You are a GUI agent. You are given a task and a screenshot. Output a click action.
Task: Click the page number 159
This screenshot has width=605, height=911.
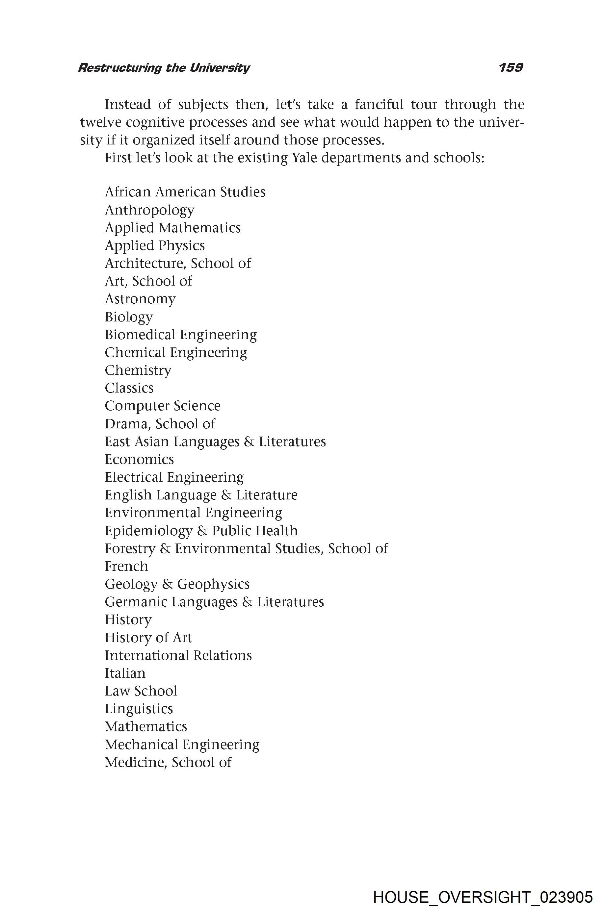(x=511, y=67)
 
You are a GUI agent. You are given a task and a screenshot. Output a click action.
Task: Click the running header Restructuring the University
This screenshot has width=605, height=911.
(x=164, y=68)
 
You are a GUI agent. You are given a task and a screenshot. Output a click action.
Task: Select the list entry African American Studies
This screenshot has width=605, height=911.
(x=185, y=192)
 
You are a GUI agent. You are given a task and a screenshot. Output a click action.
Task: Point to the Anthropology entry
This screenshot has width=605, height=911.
(x=149, y=210)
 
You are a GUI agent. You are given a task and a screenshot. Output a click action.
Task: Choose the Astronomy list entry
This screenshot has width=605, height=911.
(x=140, y=299)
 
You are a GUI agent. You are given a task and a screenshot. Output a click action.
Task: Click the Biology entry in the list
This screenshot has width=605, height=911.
(x=129, y=316)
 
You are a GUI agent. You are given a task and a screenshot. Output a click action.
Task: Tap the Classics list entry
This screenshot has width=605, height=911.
(x=129, y=388)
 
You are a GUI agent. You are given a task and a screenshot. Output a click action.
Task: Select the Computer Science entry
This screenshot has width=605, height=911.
(x=162, y=406)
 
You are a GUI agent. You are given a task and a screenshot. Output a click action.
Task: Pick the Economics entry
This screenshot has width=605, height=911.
(x=139, y=459)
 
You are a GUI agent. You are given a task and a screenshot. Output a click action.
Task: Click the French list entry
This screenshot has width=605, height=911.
(x=126, y=566)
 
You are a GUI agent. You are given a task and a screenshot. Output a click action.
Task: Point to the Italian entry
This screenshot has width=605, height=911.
(x=125, y=673)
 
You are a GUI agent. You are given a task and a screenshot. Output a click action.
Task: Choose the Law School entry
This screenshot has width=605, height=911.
(x=141, y=691)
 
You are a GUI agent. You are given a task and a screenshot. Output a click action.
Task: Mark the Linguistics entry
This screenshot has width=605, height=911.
(x=139, y=709)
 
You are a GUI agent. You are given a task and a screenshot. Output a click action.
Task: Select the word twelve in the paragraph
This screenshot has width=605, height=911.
(x=101, y=122)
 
